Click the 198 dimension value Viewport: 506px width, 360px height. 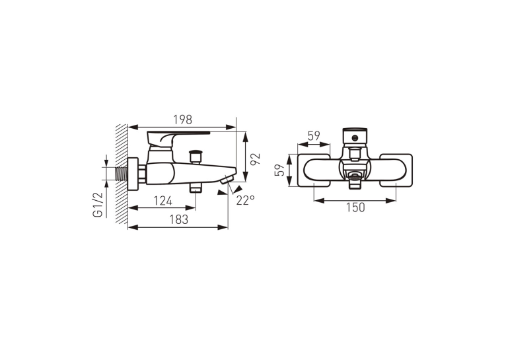pos(183,120)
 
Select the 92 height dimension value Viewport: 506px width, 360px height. pos(255,159)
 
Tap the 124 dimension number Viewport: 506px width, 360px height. pos(163,201)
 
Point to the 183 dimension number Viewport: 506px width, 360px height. pos(179,219)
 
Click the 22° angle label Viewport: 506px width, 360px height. pos(245,200)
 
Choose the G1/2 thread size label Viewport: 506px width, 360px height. pos(98,205)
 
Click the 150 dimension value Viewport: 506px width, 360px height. pos(355,207)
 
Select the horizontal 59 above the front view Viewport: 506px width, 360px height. pos(314,136)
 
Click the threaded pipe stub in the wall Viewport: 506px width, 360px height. pos(122,174)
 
